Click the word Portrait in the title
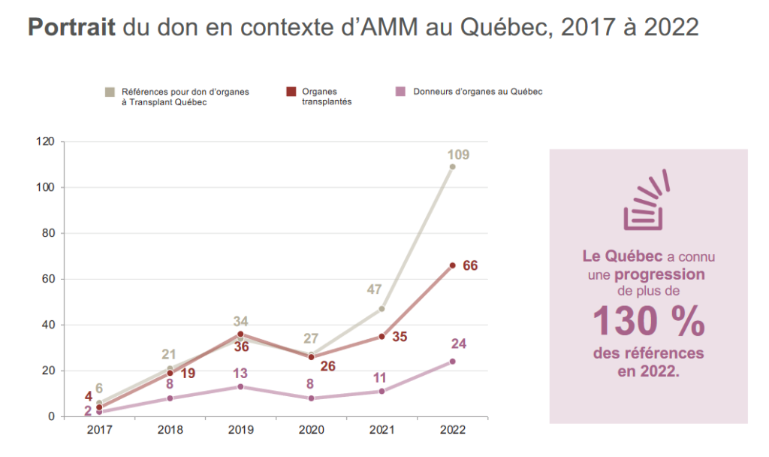point(71,28)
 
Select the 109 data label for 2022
point(457,155)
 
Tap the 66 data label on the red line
point(470,265)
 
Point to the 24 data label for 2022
point(459,344)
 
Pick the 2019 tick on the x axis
point(240,431)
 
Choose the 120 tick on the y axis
point(46,141)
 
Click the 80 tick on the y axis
point(49,233)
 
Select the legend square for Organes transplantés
point(291,92)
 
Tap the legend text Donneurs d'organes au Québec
point(478,92)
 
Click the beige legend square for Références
point(110,92)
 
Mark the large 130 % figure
point(649,322)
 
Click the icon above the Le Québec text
point(646,201)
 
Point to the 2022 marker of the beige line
point(452,167)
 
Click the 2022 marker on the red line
point(452,265)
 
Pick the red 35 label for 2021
point(400,337)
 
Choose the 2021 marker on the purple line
point(381,391)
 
